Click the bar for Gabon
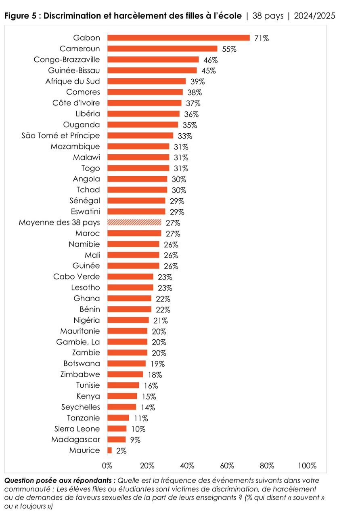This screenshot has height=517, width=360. tap(178, 38)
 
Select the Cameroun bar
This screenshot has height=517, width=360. tap(162, 49)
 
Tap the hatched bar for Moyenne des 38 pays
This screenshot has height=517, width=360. tap(134, 223)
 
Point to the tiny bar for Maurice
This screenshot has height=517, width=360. tap(109, 450)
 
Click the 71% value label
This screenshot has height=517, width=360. tap(262, 38)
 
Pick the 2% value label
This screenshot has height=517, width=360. tap(121, 451)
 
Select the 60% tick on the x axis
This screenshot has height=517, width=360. tap(227, 466)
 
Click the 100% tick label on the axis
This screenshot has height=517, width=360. tap(307, 466)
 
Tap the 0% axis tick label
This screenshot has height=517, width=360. tap(107, 466)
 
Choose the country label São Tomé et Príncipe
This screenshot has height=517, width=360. tap(61, 135)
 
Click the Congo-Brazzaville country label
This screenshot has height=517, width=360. tap(67, 59)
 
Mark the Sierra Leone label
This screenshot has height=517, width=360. tap(77, 429)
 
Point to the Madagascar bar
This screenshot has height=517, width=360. tap(116, 439)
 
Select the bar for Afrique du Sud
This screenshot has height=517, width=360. tap(146, 81)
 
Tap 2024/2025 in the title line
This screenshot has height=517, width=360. tap(314, 16)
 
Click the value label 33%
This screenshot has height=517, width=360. tap(185, 136)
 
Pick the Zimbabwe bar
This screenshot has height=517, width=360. tap(125, 374)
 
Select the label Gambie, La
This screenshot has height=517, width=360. tap(78, 342)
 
